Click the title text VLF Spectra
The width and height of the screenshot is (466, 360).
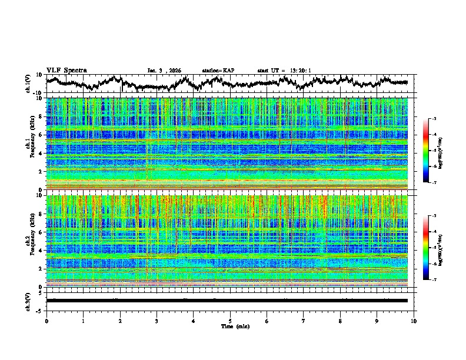coord(66,70)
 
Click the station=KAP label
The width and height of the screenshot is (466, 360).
coord(218,71)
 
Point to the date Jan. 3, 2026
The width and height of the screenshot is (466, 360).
coord(165,71)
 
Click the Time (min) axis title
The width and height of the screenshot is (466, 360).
coord(230,326)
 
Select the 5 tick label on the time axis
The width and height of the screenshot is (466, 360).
coord(230,321)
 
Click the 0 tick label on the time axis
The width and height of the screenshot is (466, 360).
coord(46,321)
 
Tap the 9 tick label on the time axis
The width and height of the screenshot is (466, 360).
coord(377,321)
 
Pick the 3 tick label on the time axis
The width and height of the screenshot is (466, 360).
coord(157,321)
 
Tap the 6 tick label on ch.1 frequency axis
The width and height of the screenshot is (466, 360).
coord(42,135)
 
